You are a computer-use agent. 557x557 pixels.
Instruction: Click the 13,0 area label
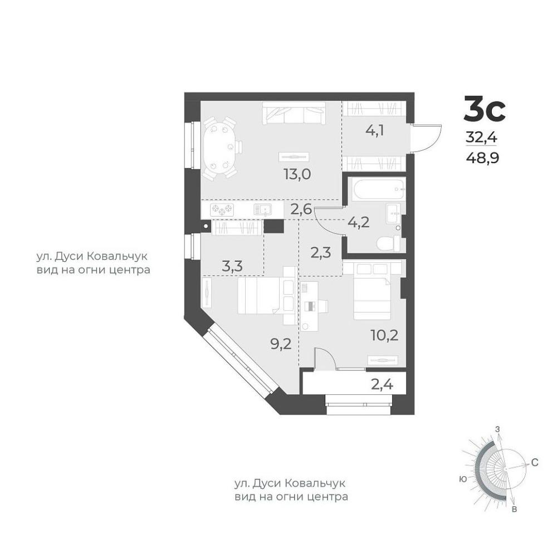tap(297, 174)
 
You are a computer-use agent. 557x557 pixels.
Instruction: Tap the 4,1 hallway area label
tap(375, 131)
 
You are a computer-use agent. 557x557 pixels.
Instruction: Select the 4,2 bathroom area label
tap(358, 222)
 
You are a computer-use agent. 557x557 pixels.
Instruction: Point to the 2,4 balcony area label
tap(383, 384)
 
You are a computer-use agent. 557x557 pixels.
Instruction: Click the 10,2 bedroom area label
tap(385, 335)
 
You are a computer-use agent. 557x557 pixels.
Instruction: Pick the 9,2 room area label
tap(281, 344)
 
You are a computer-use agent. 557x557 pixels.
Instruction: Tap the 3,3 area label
tap(232, 266)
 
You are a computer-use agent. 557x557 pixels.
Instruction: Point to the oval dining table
tap(220, 148)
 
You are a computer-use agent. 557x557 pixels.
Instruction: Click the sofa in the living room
tap(294, 113)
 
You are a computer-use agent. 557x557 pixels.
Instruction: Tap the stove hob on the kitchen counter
tap(222, 210)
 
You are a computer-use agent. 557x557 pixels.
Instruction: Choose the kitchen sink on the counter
tap(262, 210)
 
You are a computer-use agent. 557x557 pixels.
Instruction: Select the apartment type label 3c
tap(485, 110)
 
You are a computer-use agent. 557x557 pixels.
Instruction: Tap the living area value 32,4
tap(481, 136)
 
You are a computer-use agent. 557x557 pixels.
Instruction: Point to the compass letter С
tap(535, 462)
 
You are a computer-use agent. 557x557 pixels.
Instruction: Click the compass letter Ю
tap(463, 480)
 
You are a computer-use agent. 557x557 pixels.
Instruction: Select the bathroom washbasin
tap(393, 213)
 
